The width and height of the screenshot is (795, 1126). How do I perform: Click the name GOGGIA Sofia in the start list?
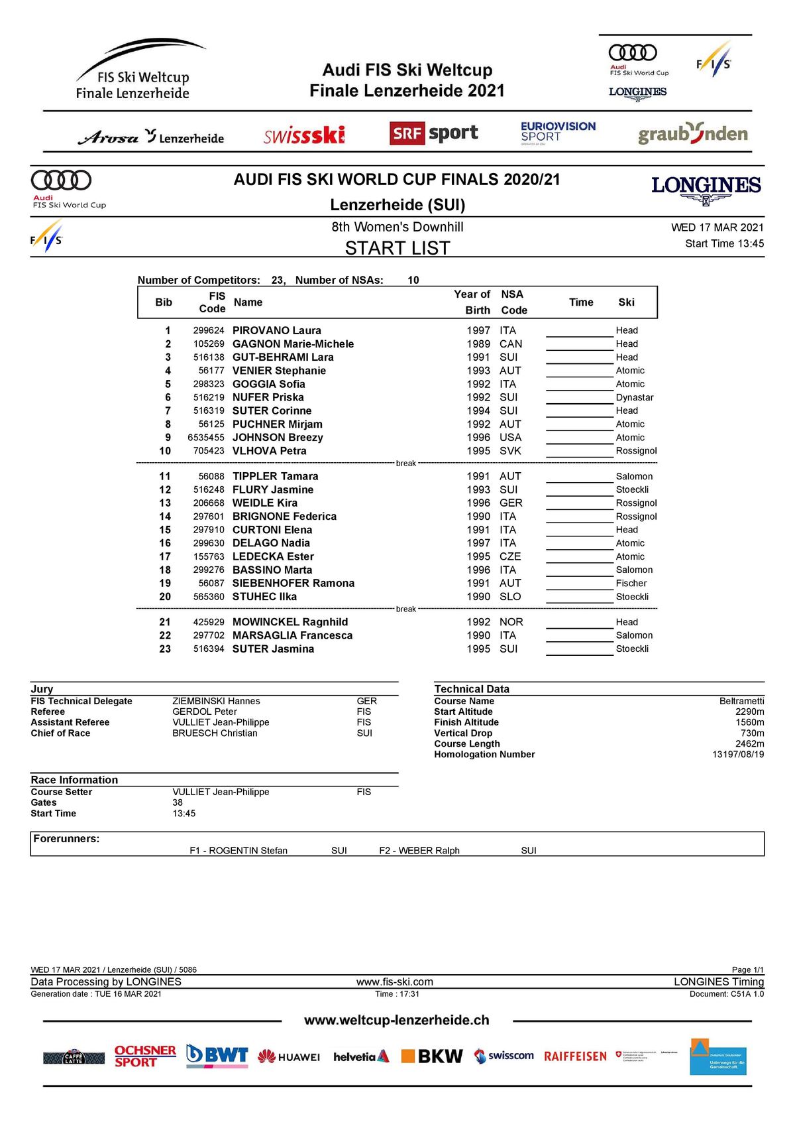(x=268, y=384)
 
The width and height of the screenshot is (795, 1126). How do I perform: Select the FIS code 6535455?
(x=206, y=438)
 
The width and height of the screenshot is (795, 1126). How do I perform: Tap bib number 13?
(x=165, y=503)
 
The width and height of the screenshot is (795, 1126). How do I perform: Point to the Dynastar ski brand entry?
(x=635, y=397)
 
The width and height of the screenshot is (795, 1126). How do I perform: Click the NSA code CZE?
(x=510, y=556)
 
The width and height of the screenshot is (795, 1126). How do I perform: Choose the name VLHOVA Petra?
(x=269, y=451)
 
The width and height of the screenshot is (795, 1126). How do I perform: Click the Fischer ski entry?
(x=631, y=583)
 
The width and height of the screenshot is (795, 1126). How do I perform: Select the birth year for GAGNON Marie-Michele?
(x=478, y=344)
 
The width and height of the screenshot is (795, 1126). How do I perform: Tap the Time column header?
(x=581, y=302)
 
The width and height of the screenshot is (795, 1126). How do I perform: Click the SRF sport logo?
(x=433, y=133)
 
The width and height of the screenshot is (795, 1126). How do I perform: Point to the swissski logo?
(x=304, y=135)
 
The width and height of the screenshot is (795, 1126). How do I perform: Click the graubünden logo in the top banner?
(x=692, y=134)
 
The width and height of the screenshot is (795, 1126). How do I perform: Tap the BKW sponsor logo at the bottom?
(x=432, y=1056)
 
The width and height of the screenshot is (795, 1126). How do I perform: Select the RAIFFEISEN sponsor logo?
(x=575, y=1056)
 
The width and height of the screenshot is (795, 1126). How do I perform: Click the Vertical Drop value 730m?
(x=752, y=733)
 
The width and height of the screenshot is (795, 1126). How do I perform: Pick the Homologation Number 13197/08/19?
(x=738, y=755)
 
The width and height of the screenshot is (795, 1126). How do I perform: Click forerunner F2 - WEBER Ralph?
(x=419, y=851)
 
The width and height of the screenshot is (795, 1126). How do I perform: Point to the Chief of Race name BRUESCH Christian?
(x=215, y=733)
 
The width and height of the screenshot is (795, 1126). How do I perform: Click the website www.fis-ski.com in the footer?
(x=395, y=982)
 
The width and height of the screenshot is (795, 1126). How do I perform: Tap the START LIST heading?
(x=397, y=248)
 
